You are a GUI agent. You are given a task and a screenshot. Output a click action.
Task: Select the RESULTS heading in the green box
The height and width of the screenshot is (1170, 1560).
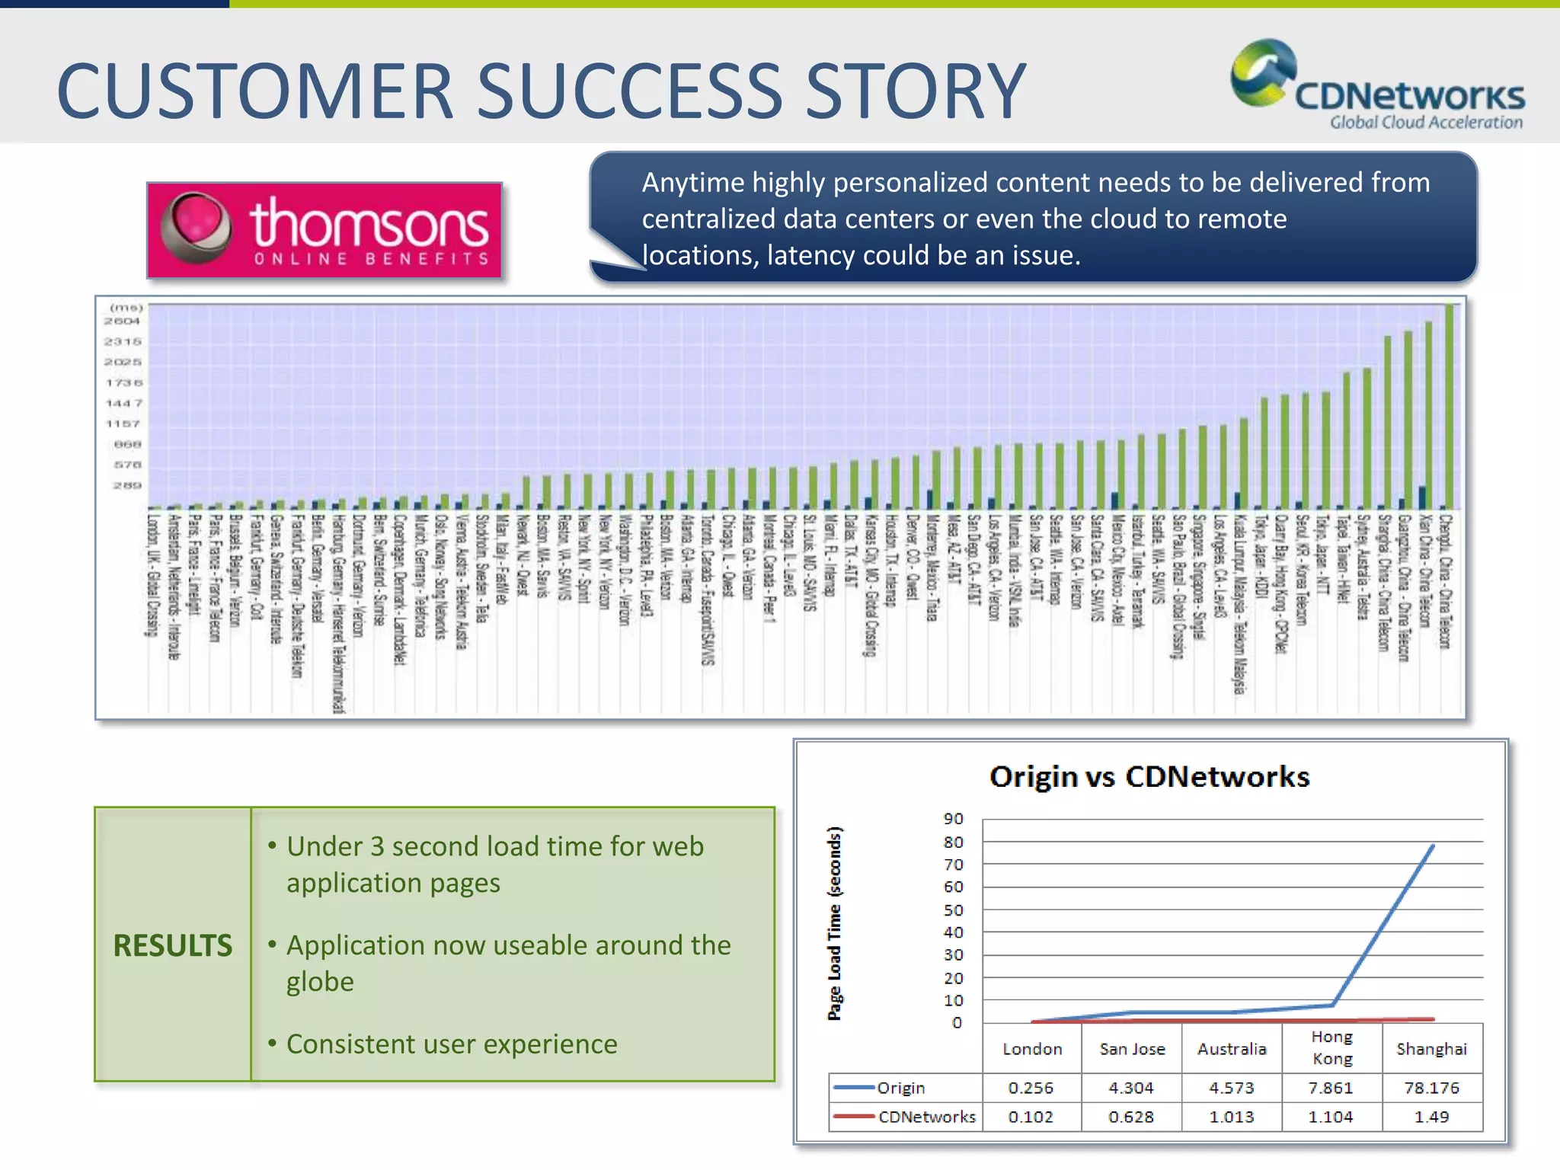172,945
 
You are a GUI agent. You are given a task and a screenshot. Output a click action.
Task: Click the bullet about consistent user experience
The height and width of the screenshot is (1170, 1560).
451,1044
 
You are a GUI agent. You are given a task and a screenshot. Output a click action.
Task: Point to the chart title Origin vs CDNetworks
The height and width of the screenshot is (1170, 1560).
1149,776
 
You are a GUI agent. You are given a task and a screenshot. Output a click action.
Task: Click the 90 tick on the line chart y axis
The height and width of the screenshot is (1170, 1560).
953,819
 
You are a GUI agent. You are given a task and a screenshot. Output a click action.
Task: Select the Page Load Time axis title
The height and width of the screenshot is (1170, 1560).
835,923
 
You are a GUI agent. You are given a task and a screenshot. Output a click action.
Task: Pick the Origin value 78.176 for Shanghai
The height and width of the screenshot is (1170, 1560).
1431,1088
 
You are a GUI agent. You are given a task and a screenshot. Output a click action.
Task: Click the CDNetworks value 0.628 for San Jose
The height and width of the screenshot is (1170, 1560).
1131,1117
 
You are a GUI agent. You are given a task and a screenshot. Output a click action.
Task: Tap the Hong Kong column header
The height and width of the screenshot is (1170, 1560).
1331,1047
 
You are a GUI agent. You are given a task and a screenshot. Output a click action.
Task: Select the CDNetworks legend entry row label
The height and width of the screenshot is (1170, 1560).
925,1117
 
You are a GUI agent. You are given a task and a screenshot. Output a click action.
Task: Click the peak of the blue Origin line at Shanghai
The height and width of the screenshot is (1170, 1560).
1432,846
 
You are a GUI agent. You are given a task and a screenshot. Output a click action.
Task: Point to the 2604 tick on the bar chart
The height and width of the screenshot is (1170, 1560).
122,321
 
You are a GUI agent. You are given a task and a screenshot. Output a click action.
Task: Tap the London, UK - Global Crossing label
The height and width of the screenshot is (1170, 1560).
152,575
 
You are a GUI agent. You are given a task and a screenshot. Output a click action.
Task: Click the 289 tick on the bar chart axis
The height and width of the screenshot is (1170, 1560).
127,485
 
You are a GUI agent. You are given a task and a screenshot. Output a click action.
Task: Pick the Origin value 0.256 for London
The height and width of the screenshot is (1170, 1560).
1031,1088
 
